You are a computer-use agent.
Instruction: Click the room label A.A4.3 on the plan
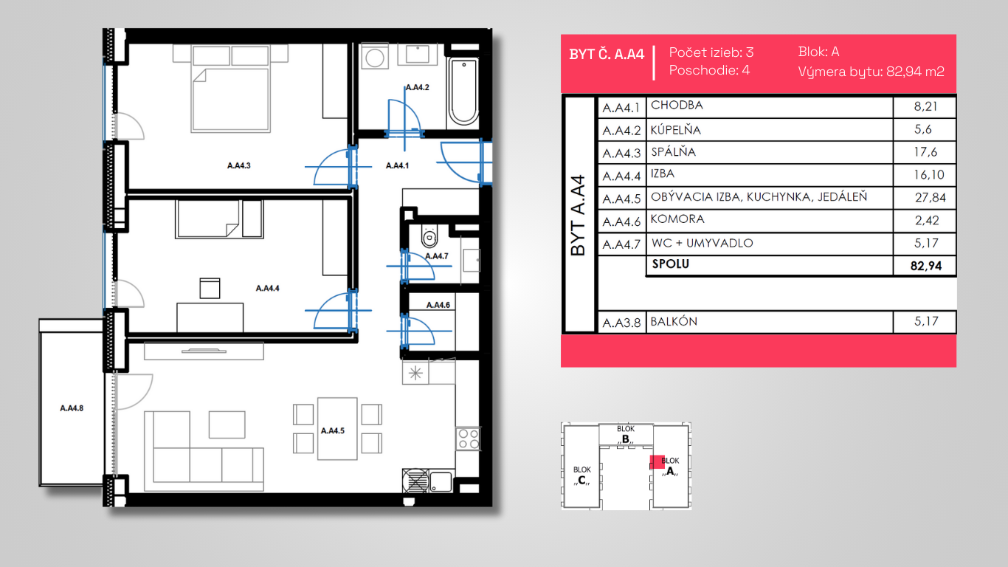coord(238,165)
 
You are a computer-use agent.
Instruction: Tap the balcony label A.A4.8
coord(72,408)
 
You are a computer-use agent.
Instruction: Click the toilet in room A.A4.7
coord(429,237)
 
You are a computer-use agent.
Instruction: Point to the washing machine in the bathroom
coord(374,56)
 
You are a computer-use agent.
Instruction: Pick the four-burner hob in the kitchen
coord(468,439)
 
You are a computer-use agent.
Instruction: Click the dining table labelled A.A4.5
coord(337,429)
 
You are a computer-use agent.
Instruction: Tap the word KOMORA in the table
coord(677,219)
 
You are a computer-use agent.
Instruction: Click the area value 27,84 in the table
coord(931,197)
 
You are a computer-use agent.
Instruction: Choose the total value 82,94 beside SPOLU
coord(925,266)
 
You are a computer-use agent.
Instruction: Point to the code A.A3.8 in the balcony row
coord(621,323)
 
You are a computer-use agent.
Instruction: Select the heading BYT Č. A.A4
coord(607,55)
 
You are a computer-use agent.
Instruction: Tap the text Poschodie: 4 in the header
coord(709,70)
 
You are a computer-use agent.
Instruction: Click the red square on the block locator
coord(657,462)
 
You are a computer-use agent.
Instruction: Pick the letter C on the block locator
coord(581,480)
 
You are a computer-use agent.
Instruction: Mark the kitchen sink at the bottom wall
coord(441,481)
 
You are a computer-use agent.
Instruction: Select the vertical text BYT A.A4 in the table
coord(579,216)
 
